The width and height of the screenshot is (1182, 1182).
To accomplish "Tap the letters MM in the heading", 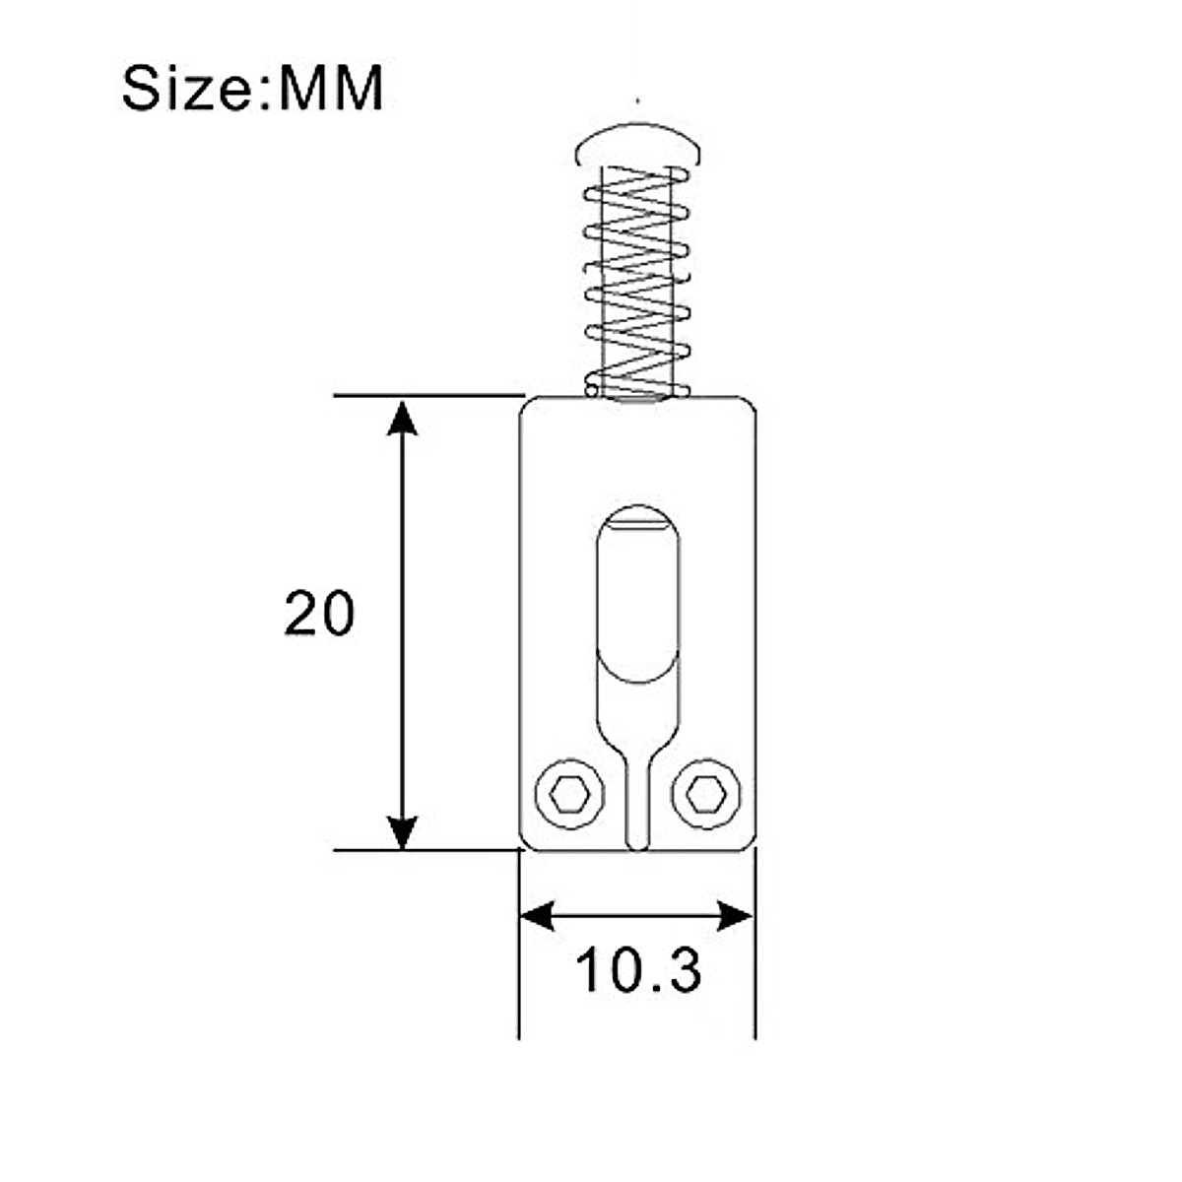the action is [x=331, y=89].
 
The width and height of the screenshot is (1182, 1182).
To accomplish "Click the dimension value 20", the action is [x=319, y=613].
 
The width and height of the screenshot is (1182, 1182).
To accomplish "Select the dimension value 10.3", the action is [x=638, y=969].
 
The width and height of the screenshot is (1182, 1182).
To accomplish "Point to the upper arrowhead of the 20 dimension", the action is [x=402, y=419].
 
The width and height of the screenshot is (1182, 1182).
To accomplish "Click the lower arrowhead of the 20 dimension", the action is [x=402, y=832].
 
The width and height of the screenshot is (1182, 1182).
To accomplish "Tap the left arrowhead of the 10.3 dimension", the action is [x=538, y=916].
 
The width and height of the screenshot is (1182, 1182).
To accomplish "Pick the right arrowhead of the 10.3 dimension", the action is [x=736, y=916].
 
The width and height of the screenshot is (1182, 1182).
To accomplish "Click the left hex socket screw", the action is [x=570, y=796].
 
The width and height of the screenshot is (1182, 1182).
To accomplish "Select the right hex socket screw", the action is [x=706, y=796].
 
